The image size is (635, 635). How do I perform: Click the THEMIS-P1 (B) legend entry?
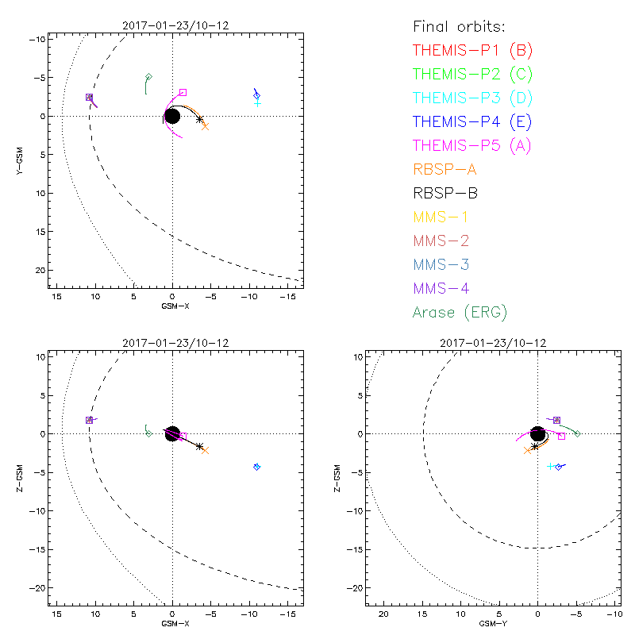coord(472,51)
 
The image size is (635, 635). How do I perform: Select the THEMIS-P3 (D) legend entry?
coord(472,98)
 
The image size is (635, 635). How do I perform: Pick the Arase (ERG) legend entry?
coord(460,312)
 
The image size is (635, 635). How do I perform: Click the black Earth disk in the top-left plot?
coord(172,117)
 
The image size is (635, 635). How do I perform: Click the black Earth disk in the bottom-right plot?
coord(538,434)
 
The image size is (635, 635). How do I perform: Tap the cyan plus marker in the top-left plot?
coord(258,103)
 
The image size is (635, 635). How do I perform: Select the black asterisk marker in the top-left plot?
coord(200,120)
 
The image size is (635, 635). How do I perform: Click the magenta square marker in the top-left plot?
coord(183,93)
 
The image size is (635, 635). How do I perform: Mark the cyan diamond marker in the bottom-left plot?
coord(257,467)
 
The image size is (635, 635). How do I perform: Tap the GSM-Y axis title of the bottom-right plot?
coord(490,624)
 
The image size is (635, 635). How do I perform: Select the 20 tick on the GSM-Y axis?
coord(384,614)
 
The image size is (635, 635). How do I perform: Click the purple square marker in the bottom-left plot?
coord(89,420)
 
